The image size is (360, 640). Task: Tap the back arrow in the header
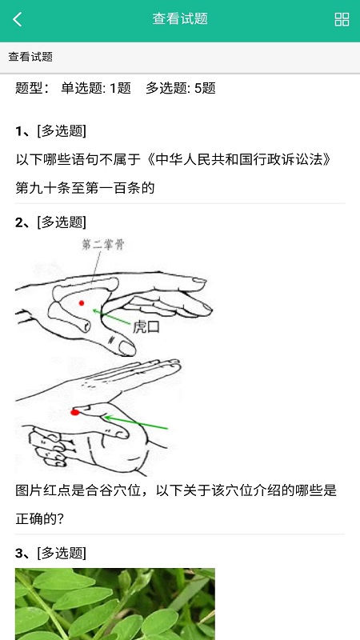point(17,19)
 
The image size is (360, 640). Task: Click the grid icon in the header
point(342,19)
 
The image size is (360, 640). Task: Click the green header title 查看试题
point(180,18)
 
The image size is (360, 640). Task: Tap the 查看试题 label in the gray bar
point(30,57)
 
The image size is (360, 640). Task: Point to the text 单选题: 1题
point(96,88)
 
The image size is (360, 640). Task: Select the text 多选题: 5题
point(181,88)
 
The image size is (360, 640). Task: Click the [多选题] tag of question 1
point(62,131)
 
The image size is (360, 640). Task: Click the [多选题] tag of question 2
point(62,222)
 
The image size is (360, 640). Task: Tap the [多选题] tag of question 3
point(62,553)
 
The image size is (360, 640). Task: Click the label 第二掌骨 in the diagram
point(103,245)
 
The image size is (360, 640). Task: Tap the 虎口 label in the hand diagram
point(146,327)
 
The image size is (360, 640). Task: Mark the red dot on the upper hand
point(82,303)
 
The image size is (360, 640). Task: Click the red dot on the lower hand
point(74,413)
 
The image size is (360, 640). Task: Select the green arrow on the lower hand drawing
point(135,423)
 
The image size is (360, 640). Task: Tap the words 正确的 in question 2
point(35,519)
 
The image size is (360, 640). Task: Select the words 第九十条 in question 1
point(43,188)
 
